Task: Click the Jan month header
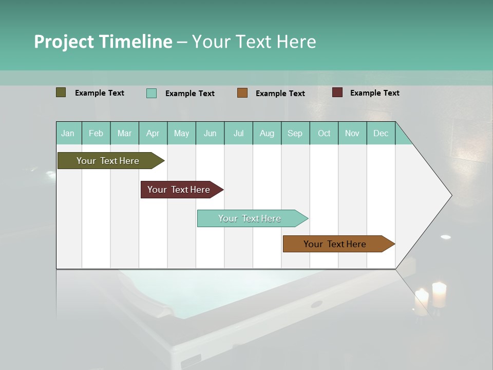point(68,133)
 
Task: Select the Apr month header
point(153,133)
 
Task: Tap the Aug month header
point(267,133)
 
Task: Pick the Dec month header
point(381,133)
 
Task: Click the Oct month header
point(324,133)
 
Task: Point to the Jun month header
point(210,133)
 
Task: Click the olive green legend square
point(61,92)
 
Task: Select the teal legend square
point(151,93)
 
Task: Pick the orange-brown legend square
point(242,93)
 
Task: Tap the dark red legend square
point(337,92)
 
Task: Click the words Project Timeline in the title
point(103,42)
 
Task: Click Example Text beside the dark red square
point(374,93)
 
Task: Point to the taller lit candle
point(439,294)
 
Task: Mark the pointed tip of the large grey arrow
point(451,195)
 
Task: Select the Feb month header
point(96,133)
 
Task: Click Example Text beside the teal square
point(189,94)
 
